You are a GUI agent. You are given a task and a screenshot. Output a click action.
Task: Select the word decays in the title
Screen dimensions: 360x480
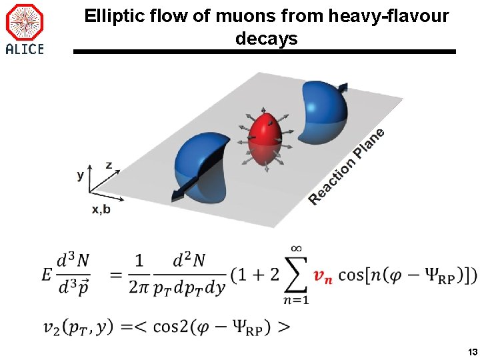click(267, 39)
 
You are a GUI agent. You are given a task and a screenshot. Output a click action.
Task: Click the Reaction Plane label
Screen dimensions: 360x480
click(347, 167)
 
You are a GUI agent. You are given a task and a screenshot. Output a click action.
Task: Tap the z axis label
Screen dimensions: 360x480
click(109, 164)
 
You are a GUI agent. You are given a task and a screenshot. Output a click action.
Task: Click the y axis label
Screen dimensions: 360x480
click(81, 175)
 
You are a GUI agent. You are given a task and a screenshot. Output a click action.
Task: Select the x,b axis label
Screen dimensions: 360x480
click(101, 209)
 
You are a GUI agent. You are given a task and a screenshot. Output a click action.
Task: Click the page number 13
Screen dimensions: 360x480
click(471, 351)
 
